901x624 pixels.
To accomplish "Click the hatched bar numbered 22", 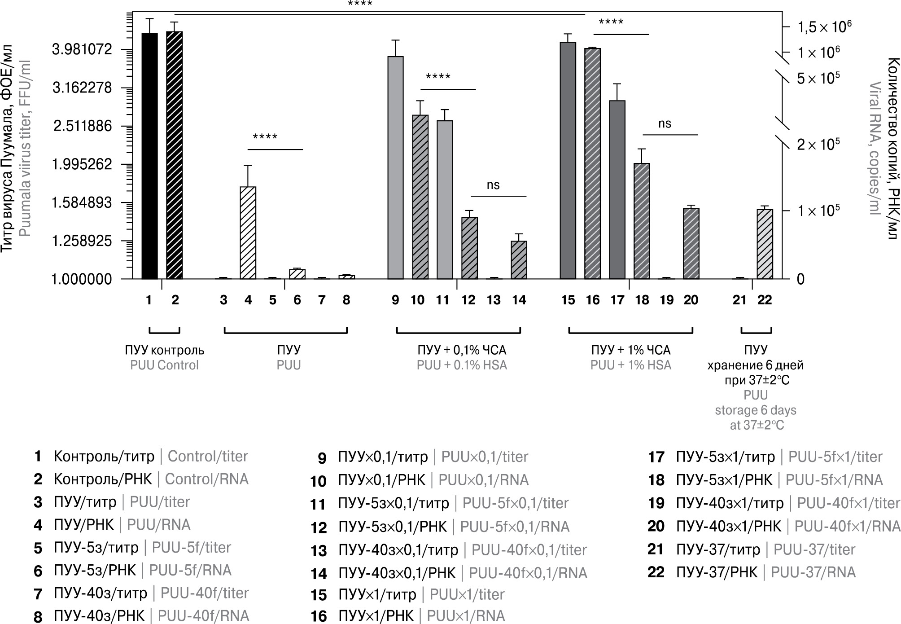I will coord(765,244).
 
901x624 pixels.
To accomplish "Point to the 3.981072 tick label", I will coord(82,49).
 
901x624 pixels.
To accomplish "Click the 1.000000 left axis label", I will coord(82,279).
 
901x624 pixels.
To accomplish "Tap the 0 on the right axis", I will coord(800,279).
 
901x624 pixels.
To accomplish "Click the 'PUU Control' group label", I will coord(164,365).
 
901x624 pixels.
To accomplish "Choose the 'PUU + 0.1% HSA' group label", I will coord(462,365).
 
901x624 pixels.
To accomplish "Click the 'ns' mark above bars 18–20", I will coord(665,123).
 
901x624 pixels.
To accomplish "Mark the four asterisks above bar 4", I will coord(265,136).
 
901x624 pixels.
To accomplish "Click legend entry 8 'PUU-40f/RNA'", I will coord(203,616).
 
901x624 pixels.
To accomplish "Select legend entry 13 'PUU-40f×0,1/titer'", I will coord(529,549).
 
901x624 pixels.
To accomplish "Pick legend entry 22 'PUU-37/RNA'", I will coord(813,572).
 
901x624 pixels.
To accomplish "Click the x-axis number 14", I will coord(519,300).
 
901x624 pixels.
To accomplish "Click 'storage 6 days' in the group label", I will coord(756,410).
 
